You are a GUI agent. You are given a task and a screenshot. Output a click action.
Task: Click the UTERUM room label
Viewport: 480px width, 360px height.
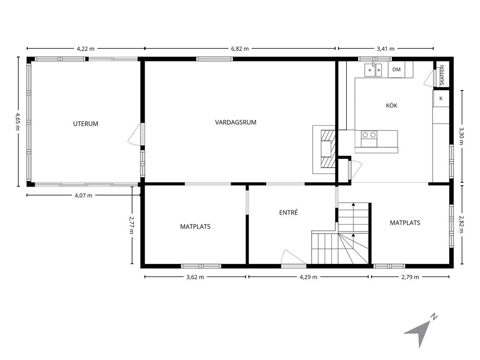[86, 124]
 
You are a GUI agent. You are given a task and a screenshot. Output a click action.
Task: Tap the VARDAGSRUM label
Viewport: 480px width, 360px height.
[236, 122]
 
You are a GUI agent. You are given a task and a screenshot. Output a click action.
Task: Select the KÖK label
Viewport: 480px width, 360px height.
[391, 105]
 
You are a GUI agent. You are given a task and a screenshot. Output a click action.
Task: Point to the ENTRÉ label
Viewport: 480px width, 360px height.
[288, 212]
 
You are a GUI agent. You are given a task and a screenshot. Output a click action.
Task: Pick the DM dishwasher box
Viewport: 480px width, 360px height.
[397, 69]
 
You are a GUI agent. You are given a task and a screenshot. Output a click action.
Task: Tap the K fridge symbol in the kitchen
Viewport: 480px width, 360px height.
[441, 98]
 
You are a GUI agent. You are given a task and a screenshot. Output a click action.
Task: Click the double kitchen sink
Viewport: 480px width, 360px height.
[374, 70]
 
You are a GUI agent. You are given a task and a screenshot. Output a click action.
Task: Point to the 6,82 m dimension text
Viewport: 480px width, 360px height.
[240, 48]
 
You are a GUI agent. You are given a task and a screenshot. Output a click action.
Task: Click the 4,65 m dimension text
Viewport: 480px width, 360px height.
[17, 121]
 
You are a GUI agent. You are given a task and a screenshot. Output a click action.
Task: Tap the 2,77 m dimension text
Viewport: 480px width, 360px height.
[131, 225]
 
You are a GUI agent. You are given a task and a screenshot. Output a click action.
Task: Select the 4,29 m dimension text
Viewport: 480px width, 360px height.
[308, 277]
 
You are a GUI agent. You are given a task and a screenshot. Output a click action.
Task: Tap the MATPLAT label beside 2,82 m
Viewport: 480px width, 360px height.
[405, 223]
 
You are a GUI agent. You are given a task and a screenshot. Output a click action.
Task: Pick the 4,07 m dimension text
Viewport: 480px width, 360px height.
[83, 195]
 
